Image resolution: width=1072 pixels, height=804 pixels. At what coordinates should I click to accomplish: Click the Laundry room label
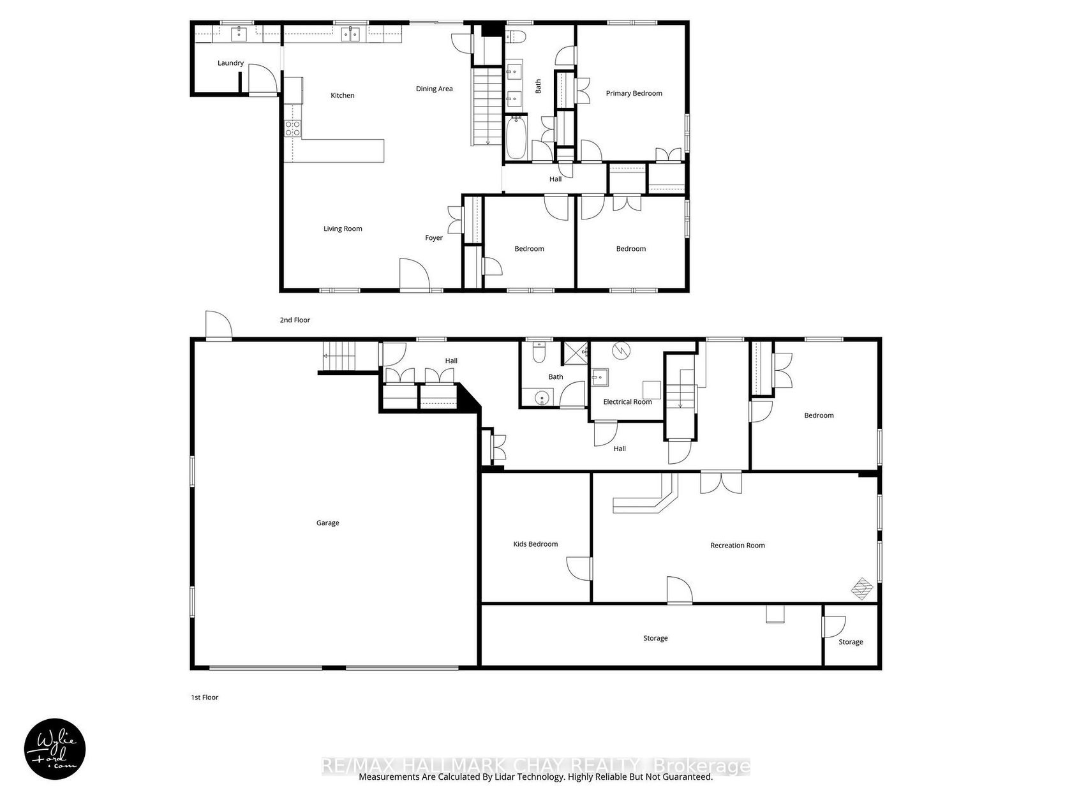pos(230,63)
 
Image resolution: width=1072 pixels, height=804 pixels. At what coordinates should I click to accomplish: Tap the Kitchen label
pos(342,96)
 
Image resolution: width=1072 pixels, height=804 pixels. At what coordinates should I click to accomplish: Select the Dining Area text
pos(434,89)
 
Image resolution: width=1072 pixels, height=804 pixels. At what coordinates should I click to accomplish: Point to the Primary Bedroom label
pos(634,93)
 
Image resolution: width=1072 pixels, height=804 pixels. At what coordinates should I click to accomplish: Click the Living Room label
pos(343,228)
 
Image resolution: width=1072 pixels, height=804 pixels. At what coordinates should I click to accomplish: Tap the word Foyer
pos(433,238)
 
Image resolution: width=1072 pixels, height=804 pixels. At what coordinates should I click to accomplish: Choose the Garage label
pos(327,523)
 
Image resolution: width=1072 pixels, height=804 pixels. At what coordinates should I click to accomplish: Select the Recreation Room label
pos(737,546)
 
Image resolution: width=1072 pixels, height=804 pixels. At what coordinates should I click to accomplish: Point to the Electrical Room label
pos(627,402)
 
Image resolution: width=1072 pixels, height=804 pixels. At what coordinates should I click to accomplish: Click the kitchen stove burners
pos(292,128)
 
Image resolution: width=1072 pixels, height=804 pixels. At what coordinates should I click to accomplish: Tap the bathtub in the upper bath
pos(515,138)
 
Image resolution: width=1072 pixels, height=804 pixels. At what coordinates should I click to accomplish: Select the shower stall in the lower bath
pos(576,354)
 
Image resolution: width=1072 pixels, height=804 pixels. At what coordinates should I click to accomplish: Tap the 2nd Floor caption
pos(295,320)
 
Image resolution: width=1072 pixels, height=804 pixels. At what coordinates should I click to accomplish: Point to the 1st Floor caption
pos(204,697)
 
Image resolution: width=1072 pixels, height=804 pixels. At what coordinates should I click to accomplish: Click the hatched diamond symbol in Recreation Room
pos(861,588)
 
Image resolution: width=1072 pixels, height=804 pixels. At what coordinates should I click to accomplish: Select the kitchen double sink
pos(350,34)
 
